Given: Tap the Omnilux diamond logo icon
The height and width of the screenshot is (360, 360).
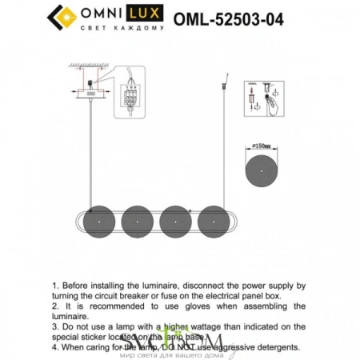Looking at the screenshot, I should [63, 15].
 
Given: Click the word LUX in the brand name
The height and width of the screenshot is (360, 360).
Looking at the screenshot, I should [145, 14].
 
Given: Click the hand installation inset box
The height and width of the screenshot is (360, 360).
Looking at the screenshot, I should [266, 100].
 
